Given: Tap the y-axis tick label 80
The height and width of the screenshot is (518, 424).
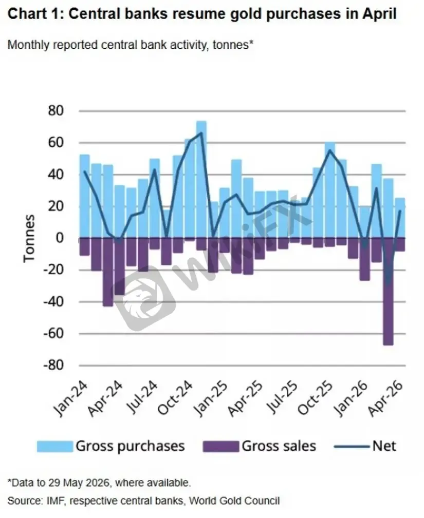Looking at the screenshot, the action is point(55,111).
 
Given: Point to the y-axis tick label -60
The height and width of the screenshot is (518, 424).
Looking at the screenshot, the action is point(53,333).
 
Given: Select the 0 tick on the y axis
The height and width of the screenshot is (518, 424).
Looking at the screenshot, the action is point(60,238).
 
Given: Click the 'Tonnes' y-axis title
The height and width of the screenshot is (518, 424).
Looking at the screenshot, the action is point(29,239).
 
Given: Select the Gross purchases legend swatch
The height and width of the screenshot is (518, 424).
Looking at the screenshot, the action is point(54,446).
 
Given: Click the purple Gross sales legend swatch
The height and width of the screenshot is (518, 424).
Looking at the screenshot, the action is point(220,446).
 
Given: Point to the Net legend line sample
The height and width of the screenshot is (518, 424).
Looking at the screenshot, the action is point(352,447).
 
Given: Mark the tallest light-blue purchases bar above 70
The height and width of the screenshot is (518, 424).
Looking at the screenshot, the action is point(201,179).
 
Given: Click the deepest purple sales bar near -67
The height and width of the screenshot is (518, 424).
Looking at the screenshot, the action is point(388,292).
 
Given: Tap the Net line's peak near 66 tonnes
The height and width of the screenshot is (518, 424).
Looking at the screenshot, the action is point(201,133).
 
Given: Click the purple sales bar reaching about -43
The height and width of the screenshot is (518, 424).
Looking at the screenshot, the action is point(108,272).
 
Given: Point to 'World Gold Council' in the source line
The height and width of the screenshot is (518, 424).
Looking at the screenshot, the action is point(234,501).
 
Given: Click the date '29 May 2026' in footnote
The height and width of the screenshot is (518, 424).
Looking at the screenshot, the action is point(79,483).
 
